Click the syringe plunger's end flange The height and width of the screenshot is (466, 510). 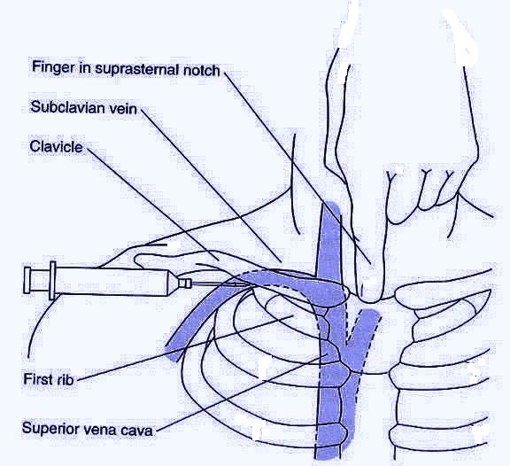click(31, 282)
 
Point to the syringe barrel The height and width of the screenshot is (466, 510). click(115, 283)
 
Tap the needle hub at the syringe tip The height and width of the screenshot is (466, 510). click(184, 283)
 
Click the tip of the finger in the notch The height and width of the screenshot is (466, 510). click(371, 288)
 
